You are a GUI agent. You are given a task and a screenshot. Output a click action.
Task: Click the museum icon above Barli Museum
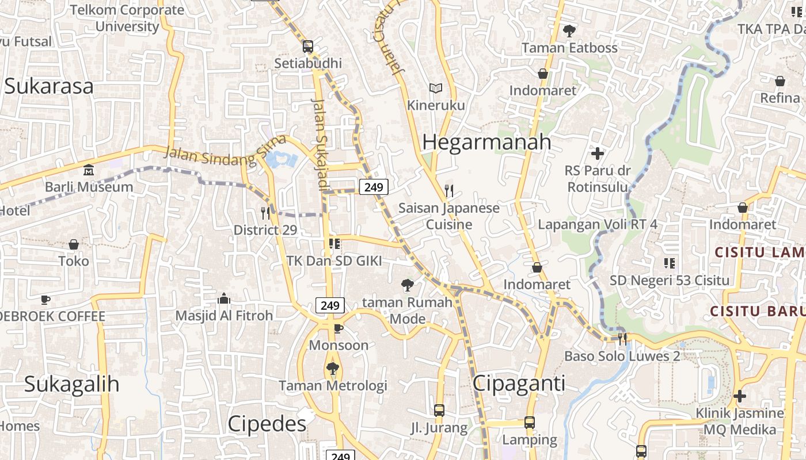[x=89, y=170]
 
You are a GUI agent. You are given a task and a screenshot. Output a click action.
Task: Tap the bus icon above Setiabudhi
[x=308, y=47]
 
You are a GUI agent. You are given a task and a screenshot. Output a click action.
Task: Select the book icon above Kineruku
[x=436, y=89]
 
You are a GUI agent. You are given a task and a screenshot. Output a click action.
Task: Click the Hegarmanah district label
[x=486, y=142]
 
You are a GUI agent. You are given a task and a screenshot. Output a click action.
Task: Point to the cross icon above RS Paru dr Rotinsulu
[x=598, y=154]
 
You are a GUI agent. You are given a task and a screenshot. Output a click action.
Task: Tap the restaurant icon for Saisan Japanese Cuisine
[x=449, y=190]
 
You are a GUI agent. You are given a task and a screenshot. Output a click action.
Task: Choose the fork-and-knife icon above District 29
[x=265, y=213]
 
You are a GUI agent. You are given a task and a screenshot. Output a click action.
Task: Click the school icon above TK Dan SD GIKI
[x=334, y=244]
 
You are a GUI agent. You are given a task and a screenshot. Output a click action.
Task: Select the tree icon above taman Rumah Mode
[x=407, y=285]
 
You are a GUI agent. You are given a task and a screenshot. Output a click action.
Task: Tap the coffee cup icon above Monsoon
[x=339, y=328]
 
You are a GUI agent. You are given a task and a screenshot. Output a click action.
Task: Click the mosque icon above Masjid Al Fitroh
[x=224, y=298]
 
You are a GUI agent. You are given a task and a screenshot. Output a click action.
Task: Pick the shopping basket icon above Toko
[x=74, y=244]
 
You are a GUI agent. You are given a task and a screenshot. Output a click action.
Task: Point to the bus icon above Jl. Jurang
[x=439, y=411]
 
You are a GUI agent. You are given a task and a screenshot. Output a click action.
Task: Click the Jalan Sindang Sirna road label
[x=225, y=151]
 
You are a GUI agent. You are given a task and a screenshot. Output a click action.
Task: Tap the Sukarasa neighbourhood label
[x=48, y=86]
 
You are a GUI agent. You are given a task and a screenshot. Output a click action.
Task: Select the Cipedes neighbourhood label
[x=267, y=424]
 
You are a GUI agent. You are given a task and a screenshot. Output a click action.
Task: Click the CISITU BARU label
[x=757, y=311]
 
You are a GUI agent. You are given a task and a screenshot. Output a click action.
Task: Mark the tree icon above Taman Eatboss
[x=569, y=31]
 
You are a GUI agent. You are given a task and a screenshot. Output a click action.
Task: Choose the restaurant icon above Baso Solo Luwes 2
[x=622, y=339]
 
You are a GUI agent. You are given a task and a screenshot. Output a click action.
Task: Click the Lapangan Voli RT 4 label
[x=597, y=224]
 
